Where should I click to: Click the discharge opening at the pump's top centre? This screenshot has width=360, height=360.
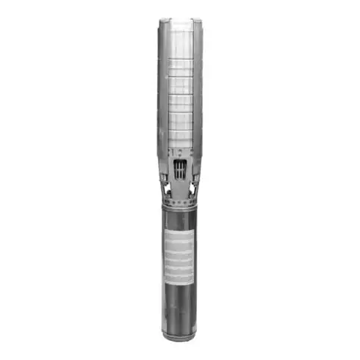coord(180,21)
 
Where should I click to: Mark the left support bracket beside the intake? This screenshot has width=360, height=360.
coord(168,181)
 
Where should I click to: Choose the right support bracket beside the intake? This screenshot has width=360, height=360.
coord(192,181)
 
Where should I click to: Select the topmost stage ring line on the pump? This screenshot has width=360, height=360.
coord(180,60)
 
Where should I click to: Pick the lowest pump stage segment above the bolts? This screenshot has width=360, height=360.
coord(180,140)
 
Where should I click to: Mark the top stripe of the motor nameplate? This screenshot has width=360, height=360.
coord(179,234)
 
